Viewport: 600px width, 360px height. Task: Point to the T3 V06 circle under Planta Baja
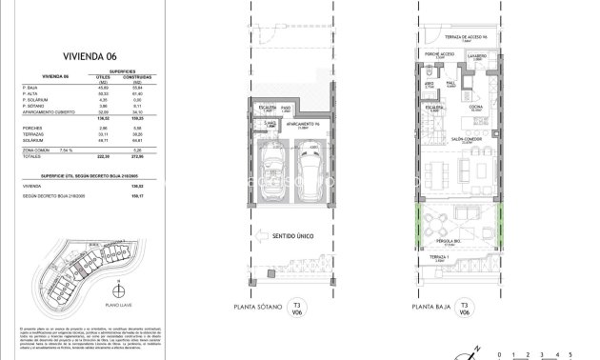point(464,308)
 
